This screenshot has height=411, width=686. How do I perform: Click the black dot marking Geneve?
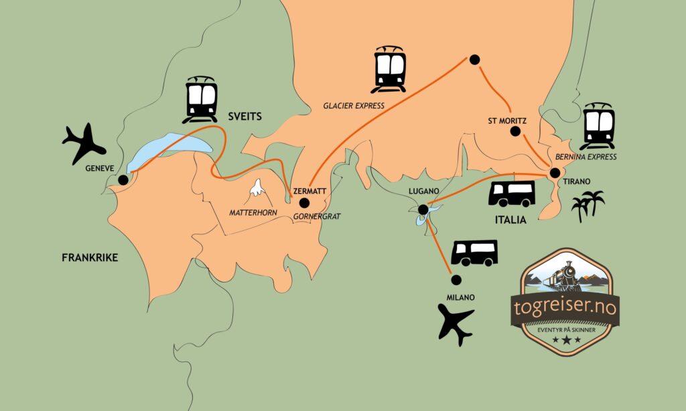123,179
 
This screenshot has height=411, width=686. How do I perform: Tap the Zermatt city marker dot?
304,203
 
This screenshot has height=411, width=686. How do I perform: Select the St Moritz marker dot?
515,131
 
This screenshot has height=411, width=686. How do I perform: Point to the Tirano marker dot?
555,173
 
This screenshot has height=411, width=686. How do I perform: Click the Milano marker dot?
456,279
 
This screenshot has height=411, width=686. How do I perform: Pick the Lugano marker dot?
423,210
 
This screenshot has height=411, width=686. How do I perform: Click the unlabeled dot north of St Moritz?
474,60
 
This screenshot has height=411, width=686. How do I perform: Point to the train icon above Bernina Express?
598,126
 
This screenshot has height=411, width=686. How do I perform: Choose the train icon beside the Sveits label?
201,99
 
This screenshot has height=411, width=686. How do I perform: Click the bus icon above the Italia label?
512,193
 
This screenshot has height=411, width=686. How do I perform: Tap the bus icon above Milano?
474,253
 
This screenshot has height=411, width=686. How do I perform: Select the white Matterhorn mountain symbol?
257,187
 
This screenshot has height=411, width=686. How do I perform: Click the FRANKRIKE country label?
90,258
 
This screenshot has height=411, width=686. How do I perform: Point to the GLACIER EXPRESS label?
354,106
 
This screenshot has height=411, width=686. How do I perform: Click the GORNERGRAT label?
317,216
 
